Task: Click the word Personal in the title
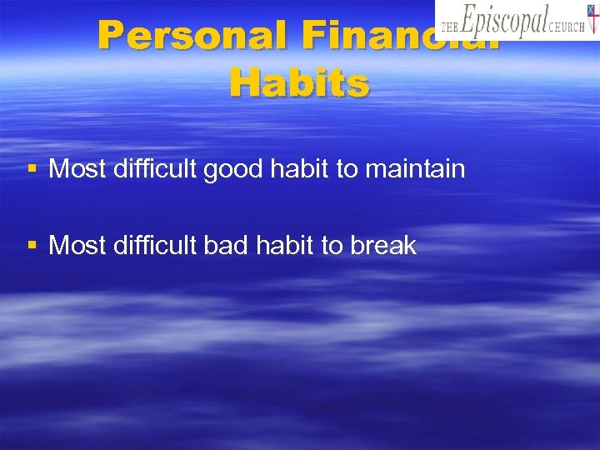pyautogui.click(x=187, y=36)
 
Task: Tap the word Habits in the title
pyautogui.click(x=299, y=83)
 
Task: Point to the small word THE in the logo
pyautogui.click(x=448, y=27)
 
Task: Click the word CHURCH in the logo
pyautogui.click(x=567, y=27)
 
